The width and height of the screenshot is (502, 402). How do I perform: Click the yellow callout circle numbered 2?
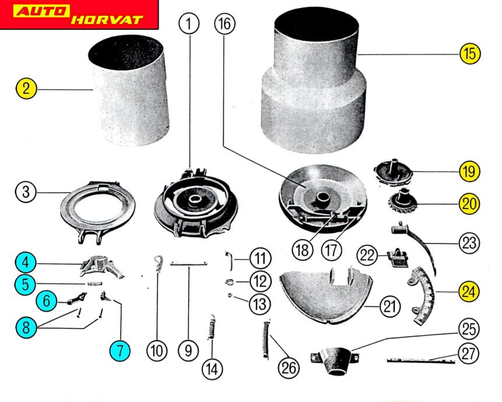click(x=26, y=90)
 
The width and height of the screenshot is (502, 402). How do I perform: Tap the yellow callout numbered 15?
click(x=469, y=54)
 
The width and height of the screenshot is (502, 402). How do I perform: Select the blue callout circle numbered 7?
click(x=120, y=350)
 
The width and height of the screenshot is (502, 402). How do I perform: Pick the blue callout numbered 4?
click(x=26, y=262)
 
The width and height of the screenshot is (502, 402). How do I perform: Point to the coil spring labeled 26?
click(x=267, y=341)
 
